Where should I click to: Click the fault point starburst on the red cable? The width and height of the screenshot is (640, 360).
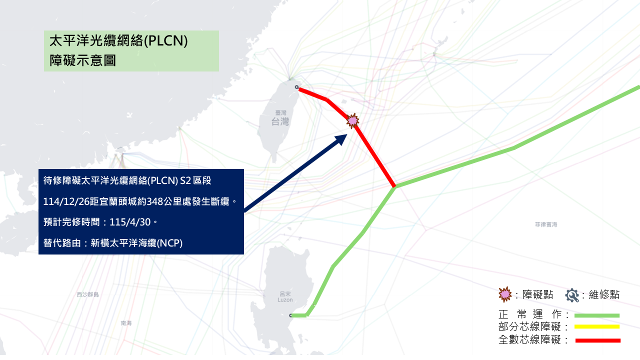coord(353,120)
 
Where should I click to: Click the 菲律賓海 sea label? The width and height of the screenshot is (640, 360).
coord(546,225)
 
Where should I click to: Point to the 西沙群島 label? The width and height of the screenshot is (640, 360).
coord(87,294)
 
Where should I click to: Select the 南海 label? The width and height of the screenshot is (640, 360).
coord(126,323)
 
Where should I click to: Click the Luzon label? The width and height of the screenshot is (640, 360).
coord(285,300)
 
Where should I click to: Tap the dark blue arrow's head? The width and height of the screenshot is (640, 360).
coord(341,138)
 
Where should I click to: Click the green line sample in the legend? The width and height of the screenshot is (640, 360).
coord(597,315)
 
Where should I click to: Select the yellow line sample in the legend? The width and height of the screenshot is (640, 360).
coord(597,327)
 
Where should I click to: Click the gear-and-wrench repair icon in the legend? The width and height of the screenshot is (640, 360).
coord(572,295)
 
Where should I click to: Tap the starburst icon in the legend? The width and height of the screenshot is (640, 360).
coord(505,294)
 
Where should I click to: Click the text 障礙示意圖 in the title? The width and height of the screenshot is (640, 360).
coord(83,61)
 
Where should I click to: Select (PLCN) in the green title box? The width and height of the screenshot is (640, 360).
coord(165,41)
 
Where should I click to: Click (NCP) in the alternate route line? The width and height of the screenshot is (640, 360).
coord(170,243)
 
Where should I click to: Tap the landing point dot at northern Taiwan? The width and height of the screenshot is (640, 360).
coord(297,87)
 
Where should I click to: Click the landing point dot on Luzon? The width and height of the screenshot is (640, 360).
coord(290,315)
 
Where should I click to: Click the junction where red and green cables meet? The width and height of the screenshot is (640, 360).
coord(395,186)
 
